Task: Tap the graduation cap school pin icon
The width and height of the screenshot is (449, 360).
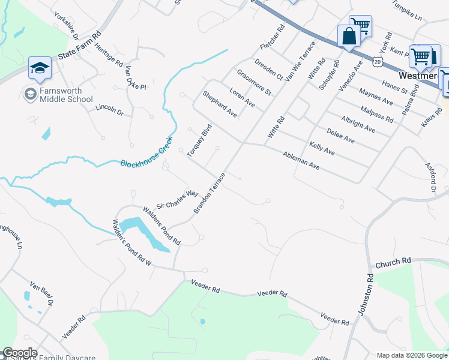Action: pyautogui.click(x=40, y=67)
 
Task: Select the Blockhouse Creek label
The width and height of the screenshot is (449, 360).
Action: pyautogui.click(x=146, y=152)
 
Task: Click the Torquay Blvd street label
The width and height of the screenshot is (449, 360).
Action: pyautogui.click(x=200, y=140)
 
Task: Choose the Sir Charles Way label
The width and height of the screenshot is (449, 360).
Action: pyautogui.click(x=177, y=198)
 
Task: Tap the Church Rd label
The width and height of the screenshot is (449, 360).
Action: pyautogui.click(x=393, y=262)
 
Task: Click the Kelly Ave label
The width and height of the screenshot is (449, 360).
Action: pyautogui.click(x=322, y=148)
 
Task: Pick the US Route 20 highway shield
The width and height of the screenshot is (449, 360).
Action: pyautogui.click(x=376, y=61)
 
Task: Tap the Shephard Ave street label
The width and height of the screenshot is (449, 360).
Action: pyautogui.click(x=220, y=104)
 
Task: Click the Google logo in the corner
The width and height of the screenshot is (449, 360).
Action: pyautogui.click(x=20, y=353)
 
